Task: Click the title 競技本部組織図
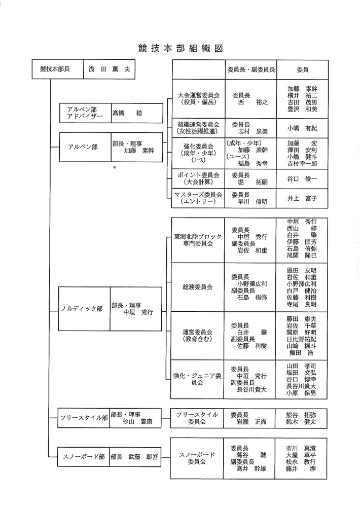click(180, 49)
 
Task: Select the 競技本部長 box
click(54, 69)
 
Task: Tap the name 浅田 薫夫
click(109, 69)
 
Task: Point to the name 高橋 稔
click(127, 113)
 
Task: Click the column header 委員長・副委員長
click(250, 69)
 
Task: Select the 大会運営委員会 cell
click(198, 98)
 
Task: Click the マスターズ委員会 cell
click(198, 198)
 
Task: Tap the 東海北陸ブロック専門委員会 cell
click(198, 240)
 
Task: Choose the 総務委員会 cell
click(198, 287)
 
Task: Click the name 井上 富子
click(302, 198)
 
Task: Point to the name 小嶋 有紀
click(302, 128)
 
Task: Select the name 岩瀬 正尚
click(251, 422)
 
